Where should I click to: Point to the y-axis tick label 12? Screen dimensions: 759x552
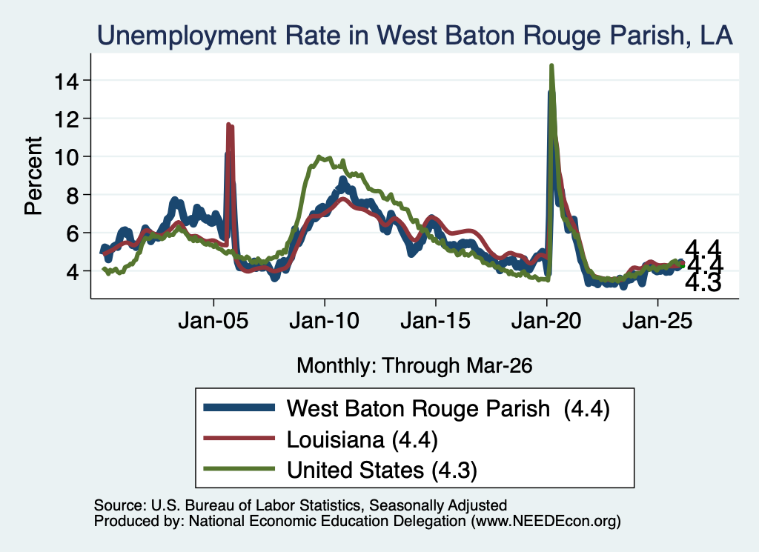(x=66, y=119)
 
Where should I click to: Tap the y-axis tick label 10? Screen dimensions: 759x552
(x=66, y=158)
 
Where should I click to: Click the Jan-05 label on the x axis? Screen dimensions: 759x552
(x=213, y=321)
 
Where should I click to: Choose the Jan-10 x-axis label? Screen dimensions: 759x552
(x=325, y=321)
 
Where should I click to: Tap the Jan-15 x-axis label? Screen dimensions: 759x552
(x=436, y=321)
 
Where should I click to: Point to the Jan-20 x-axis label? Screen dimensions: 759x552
(x=546, y=321)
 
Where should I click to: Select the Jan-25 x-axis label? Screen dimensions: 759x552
(x=657, y=321)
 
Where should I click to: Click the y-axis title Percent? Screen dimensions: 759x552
(x=33, y=176)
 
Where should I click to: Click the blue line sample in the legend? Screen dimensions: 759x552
(x=239, y=408)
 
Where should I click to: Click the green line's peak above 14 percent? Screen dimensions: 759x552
(x=551, y=65)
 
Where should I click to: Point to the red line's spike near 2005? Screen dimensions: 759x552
(x=228, y=125)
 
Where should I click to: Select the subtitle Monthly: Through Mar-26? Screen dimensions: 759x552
(x=414, y=366)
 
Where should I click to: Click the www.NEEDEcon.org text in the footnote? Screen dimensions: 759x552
(x=546, y=521)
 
